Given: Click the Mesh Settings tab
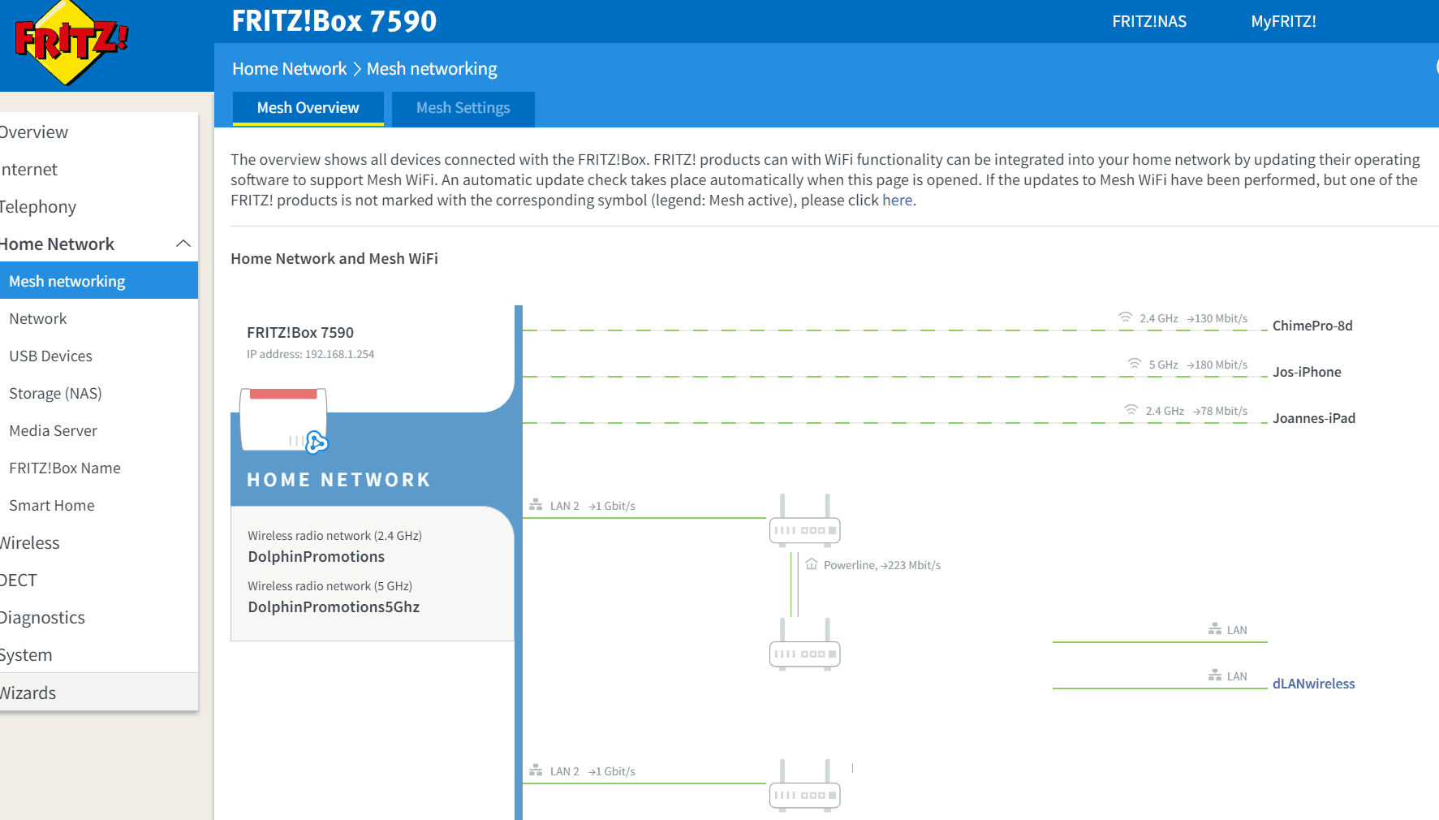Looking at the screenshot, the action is (x=463, y=108).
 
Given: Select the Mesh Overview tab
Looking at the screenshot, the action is (x=308, y=108).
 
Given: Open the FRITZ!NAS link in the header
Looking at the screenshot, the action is (x=1149, y=22).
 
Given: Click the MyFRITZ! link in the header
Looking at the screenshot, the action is (x=1283, y=22).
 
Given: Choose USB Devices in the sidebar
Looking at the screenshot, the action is (x=50, y=356).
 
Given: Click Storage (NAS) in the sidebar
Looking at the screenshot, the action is (x=55, y=394).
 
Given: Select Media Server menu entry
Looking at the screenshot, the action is (x=53, y=431).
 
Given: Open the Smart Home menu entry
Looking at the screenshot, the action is (x=52, y=506).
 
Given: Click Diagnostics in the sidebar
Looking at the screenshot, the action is (x=42, y=618).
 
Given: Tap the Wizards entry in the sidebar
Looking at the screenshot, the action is (x=28, y=693).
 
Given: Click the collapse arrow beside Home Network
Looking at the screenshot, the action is (x=183, y=244).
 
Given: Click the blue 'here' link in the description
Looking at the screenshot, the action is (x=897, y=201).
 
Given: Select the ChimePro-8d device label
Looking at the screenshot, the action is (x=1312, y=326).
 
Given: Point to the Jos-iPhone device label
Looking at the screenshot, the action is (x=1307, y=372).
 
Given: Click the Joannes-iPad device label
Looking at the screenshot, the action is (x=1314, y=418).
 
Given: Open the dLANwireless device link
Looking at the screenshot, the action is (x=1313, y=684).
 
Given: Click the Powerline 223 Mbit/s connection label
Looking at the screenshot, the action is (x=881, y=565).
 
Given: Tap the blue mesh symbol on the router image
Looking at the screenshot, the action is (x=317, y=442).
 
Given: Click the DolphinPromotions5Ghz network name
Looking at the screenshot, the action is (x=334, y=607).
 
